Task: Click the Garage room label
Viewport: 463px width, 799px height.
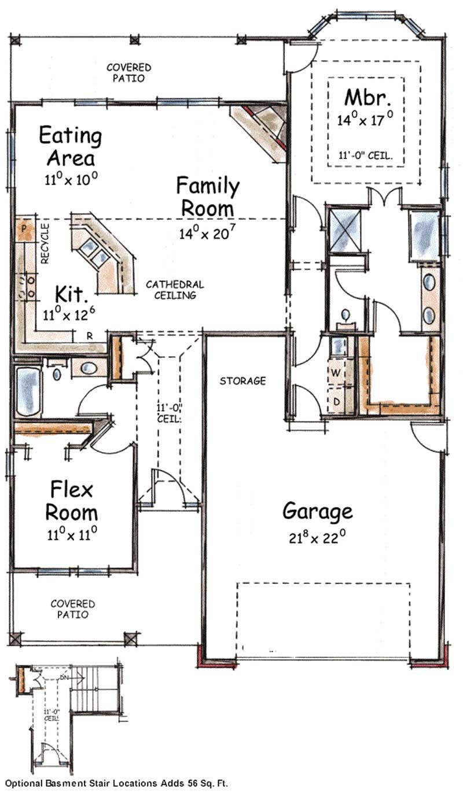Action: (317, 511)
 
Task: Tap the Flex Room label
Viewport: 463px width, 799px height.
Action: (71, 501)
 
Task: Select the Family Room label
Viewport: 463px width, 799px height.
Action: (207, 197)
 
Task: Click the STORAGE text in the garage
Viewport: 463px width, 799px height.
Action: (242, 381)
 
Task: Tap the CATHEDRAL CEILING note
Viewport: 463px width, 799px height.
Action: (174, 290)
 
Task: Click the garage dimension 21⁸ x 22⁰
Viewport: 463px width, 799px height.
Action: (317, 538)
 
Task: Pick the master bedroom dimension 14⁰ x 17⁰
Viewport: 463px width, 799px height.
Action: (365, 120)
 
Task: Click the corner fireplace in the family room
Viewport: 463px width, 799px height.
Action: (264, 128)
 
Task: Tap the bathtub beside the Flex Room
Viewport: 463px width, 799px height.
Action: (28, 392)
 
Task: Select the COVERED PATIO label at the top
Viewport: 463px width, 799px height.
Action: (128, 73)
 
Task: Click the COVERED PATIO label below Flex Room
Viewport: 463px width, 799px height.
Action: (69, 609)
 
